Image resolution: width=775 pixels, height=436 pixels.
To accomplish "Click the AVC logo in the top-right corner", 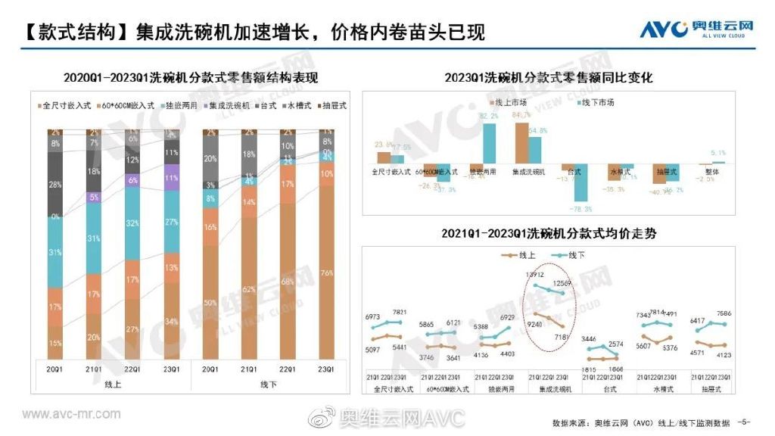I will click(x=697, y=28).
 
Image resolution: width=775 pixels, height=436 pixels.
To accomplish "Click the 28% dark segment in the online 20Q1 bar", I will click(x=56, y=185).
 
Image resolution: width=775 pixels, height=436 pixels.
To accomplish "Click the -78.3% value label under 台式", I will click(x=582, y=210).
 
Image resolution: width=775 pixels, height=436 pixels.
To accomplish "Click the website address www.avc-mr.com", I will click(x=71, y=414).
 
